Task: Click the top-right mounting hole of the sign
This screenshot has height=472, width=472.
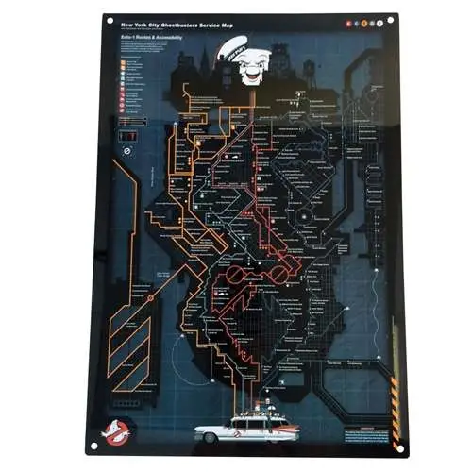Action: [x=389, y=17]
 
